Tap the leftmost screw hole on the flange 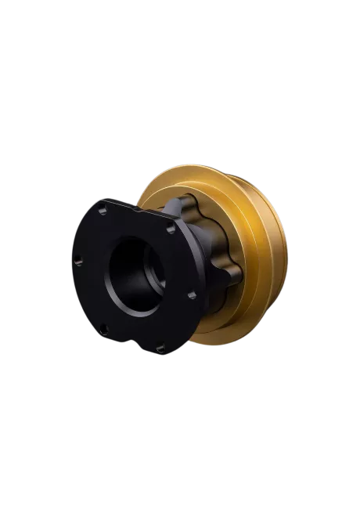tap(77, 262)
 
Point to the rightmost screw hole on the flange tap(193, 296)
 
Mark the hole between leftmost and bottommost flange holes tap(102, 328)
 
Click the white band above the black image tap(180, 39)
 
